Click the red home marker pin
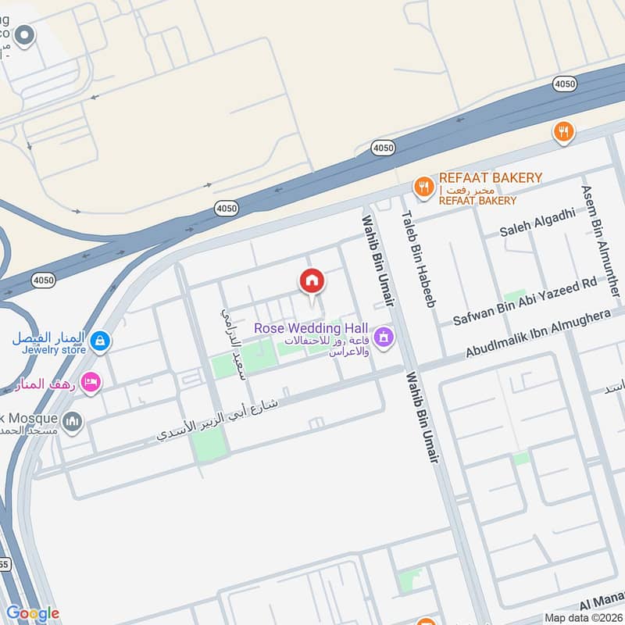tap(312, 281)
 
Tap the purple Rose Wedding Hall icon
tap(383, 337)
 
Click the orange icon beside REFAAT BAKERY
tap(423, 186)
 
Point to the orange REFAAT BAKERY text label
tap(490, 178)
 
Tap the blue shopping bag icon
tap(99, 341)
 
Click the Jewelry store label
tap(53, 350)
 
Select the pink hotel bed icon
tap(92, 381)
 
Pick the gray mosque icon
tap(72, 422)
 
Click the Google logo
tap(32, 612)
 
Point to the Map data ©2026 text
tap(582, 617)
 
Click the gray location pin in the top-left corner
tap(25, 36)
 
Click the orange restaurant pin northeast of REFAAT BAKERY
tap(562, 132)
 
